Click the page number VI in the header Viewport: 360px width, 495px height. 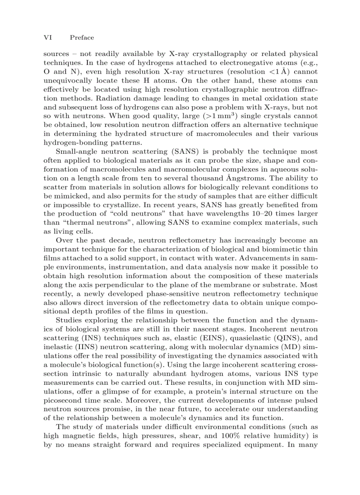[47, 38]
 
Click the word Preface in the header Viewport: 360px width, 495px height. [82, 38]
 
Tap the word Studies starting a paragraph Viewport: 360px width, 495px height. [69, 320]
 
